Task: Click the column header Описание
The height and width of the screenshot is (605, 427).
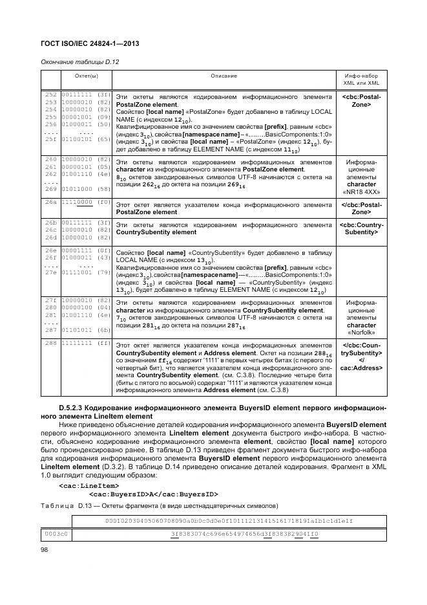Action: (x=224, y=76)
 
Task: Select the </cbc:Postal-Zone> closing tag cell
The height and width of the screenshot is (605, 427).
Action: (x=360, y=208)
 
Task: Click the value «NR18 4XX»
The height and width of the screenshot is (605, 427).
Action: (x=360, y=192)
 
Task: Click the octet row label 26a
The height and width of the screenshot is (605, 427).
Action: (x=50, y=203)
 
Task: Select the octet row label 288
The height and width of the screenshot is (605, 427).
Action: (x=50, y=343)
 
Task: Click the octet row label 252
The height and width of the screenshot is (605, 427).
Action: (x=50, y=94)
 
